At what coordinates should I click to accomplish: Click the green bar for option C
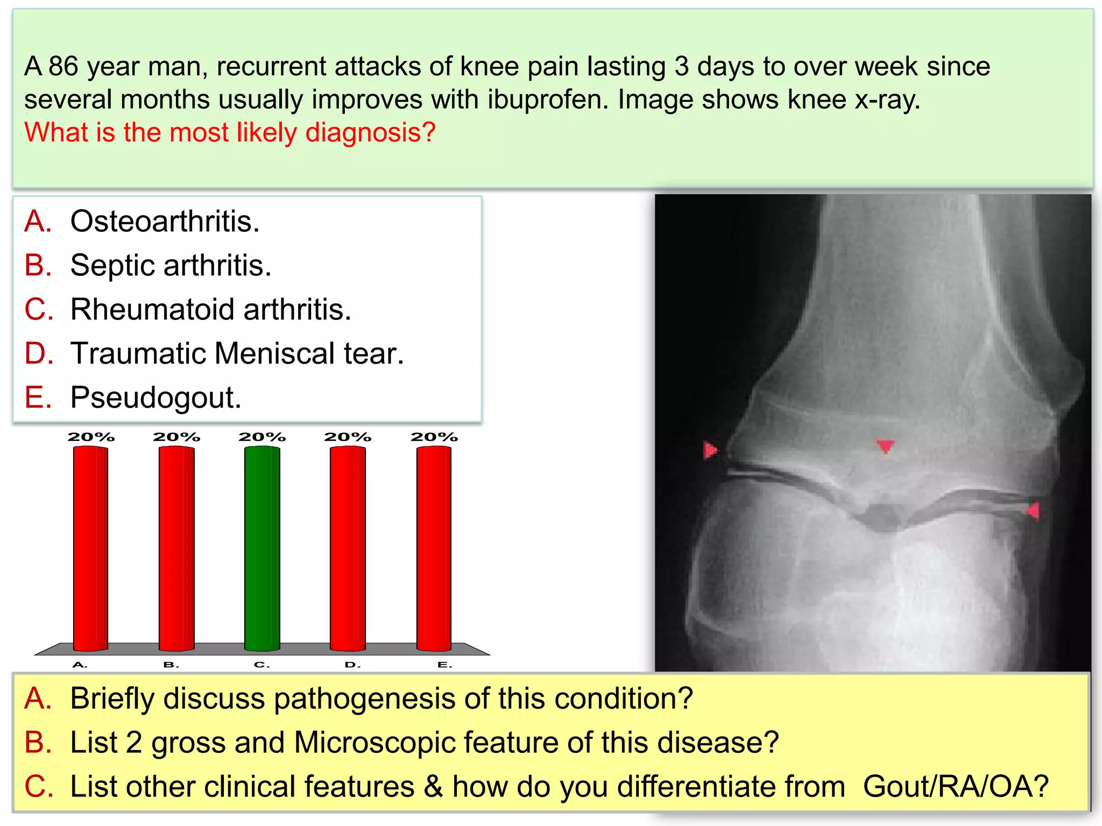click(x=262, y=549)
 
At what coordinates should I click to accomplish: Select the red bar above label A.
click(x=90, y=549)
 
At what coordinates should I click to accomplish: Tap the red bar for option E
click(x=434, y=549)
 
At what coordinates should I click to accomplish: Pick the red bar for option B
click(x=176, y=549)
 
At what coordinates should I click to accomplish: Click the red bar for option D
click(x=348, y=549)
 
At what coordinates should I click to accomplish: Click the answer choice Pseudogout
click(x=156, y=397)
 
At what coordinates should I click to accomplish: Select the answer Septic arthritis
click(x=171, y=265)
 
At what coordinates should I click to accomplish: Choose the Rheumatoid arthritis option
click(x=210, y=309)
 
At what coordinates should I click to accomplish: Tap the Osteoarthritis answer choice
click(x=165, y=221)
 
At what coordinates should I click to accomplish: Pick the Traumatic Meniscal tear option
click(x=237, y=353)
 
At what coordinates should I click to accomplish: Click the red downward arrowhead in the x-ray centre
click(x=885, y=446)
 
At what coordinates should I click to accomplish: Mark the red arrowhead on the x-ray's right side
click(x=1033, y=510)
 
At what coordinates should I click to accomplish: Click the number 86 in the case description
click(x=63, y=67)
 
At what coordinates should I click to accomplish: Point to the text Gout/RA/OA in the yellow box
click(x=956, y=786)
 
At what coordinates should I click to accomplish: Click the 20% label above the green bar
click(x=262, y=437)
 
